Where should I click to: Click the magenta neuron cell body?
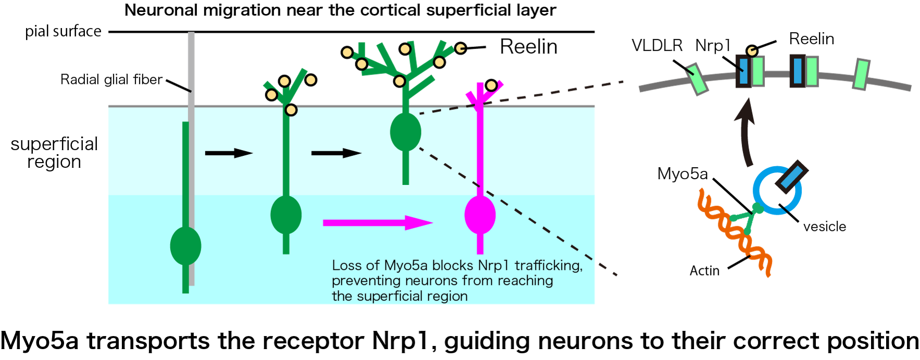pos(480,215)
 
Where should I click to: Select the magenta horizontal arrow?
pos(378,222)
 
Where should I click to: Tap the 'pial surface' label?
pos(63,31)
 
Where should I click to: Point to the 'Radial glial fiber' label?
pos(111,80)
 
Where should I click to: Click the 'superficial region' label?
pos(54,153)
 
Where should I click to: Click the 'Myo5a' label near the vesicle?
pos(682,173)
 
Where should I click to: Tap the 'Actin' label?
pos(704,271)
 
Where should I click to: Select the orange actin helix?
pos(735,233)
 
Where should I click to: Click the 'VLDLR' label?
pos(657,46)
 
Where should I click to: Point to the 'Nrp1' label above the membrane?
pos(713,46)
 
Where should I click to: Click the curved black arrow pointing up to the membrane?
pos(746,133)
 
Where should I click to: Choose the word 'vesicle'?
pos(825,227)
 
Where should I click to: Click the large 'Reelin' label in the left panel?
pos(528,47)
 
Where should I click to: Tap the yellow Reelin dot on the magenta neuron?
pos(491,85)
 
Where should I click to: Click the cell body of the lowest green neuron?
pos(185,246)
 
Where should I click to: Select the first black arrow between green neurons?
pos(229,153)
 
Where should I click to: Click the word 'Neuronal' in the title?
pos(161,10)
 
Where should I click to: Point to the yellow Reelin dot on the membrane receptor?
pos(751,51)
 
